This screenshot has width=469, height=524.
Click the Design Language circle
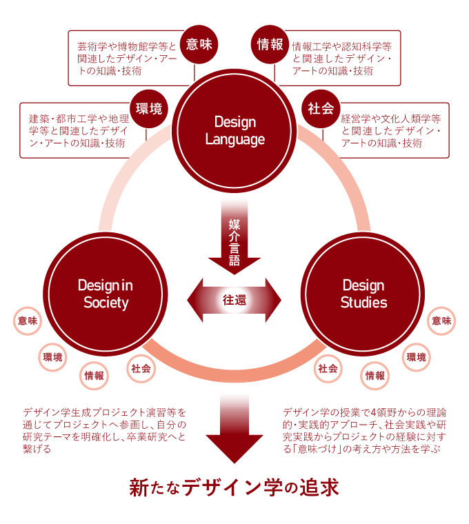[234, 131]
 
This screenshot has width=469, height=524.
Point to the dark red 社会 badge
[321, 108]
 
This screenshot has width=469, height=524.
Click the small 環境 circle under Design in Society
[52, 356]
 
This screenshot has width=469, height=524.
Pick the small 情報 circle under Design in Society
[94, 376]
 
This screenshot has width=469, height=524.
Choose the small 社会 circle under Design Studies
[328, 368]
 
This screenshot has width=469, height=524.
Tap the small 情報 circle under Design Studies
[375, 376]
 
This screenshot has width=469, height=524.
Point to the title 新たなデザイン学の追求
[234, 487]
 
